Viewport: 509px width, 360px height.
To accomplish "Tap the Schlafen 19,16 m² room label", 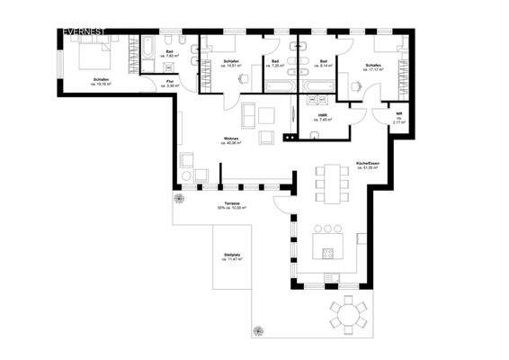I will pos(101,82).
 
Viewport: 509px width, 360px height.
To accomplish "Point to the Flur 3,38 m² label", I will pos(170,84).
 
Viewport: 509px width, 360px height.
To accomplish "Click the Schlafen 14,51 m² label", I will pos(230,63).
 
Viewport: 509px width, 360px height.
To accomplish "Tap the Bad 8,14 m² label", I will pos(324,63).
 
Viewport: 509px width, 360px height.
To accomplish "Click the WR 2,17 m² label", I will pos(398,115).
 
